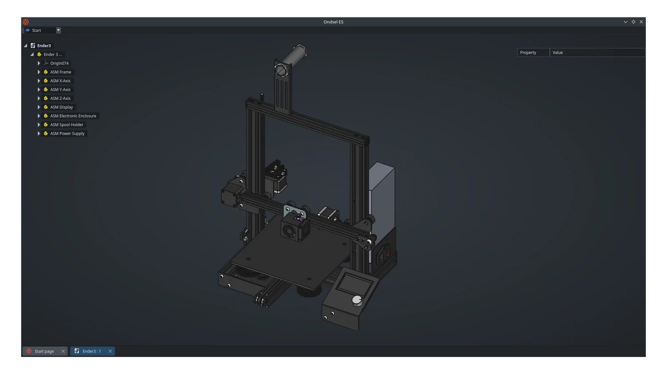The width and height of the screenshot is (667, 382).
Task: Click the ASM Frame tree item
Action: (60, 72)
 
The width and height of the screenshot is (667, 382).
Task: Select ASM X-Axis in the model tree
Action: (60, 81)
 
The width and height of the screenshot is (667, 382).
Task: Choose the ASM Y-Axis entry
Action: (60, 90)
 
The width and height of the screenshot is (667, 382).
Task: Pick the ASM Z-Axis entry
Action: (60, 98)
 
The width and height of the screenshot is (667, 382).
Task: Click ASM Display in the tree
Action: (61, 107)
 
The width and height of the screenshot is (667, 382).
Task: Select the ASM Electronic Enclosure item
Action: (73, 116)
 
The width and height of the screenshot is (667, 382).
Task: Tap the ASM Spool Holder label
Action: (67, 125)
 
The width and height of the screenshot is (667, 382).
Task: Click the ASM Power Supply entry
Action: (67, 133)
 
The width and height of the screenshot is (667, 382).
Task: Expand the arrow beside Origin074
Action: (39, 63)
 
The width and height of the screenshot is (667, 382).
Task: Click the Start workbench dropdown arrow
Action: (58, 30)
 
